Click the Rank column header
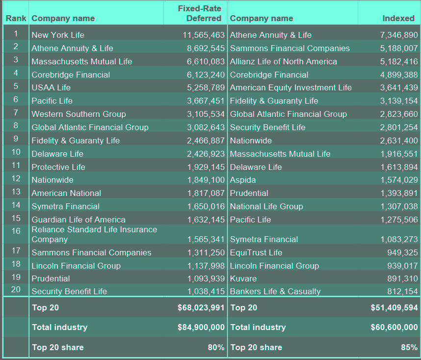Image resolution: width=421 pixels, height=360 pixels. [16, 18]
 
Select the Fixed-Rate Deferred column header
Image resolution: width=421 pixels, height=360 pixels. [199, 13]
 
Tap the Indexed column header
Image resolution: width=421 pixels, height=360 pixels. [398, 18]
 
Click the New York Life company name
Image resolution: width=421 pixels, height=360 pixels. [58, 35]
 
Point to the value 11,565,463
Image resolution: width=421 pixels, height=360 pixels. [204, 35]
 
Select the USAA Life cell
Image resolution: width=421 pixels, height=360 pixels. [51, 87]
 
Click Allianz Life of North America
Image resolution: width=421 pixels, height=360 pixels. [283, 61]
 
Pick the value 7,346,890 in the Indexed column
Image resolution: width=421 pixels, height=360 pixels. [399, 35]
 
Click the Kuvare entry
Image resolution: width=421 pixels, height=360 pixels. [243, 278]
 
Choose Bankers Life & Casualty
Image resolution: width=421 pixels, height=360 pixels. [275, 291]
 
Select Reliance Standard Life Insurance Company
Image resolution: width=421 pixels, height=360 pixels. [94, 234]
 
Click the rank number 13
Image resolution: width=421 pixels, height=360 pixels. [16, 192]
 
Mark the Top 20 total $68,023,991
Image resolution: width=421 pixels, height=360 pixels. [201, 308]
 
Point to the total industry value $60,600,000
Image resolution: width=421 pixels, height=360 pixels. [394, 327]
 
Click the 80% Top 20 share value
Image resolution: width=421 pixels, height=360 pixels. [216, 347]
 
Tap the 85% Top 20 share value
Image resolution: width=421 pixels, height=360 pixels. [409, 347]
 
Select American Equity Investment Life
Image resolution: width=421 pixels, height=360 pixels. [290, 87]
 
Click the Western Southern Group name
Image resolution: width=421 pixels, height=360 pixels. [79, 114]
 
